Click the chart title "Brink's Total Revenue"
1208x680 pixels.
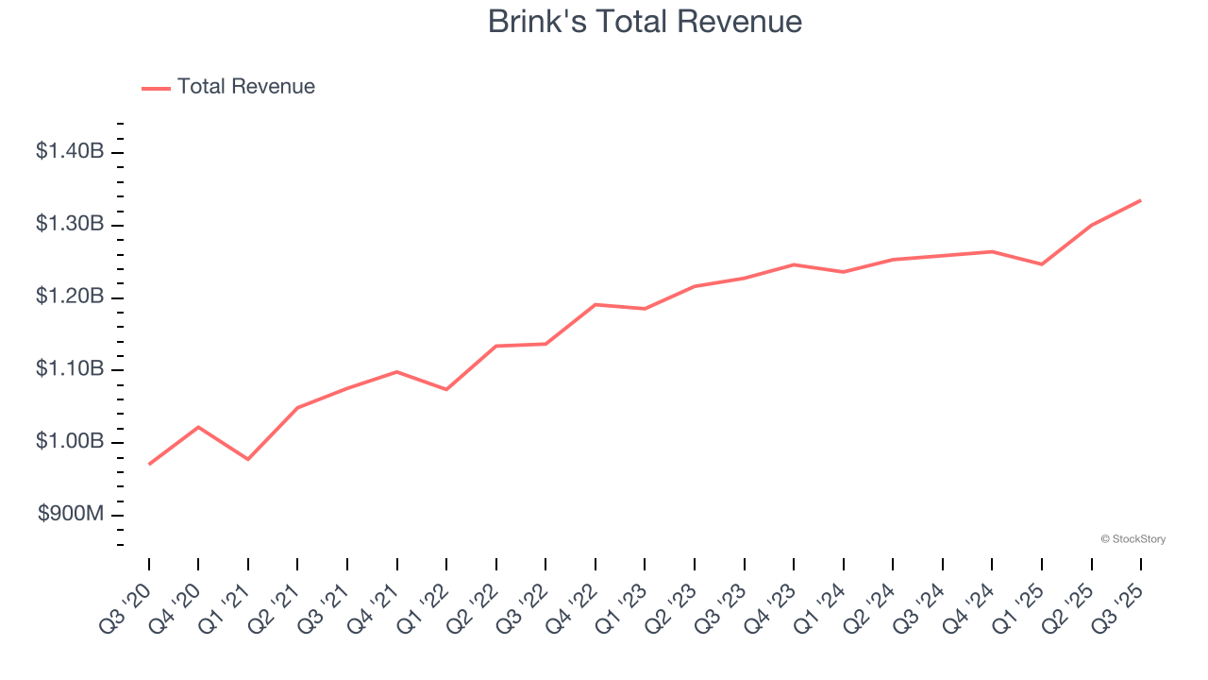tap(645, 22)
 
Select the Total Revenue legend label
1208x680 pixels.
tap(245, 87)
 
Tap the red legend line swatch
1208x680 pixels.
tap(156, 88)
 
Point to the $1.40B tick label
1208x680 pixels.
tap(70, 151)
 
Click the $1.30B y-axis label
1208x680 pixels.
tap(70, 224)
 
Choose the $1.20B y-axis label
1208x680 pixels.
tap(70, 297)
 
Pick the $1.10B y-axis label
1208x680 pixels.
tap(70, 369)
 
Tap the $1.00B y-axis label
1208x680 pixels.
tap(70, 442)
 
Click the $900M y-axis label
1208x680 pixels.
tap(71, 515)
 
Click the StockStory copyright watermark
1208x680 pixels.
tap(1132, 539)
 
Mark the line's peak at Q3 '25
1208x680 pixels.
tap(1141, 200)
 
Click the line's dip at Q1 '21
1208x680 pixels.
tap(248, 459)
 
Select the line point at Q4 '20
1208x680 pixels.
tap(198, 427)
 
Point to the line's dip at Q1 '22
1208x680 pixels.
tap(446, 389)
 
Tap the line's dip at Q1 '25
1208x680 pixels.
tap(1042, 264)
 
